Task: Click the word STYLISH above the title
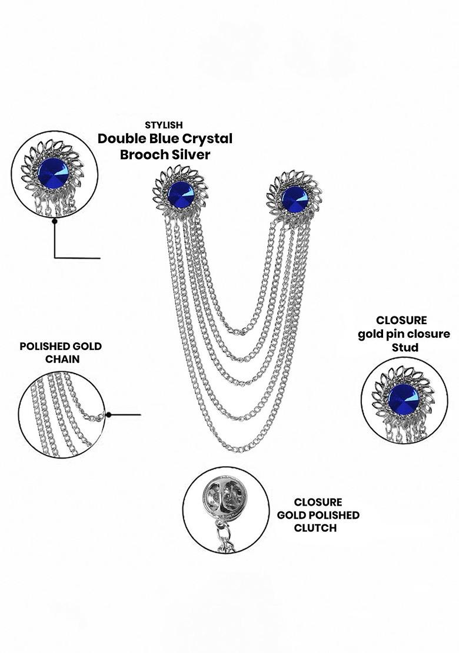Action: tap(164, 125)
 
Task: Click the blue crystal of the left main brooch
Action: tap(181, 194)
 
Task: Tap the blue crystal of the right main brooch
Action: tap(295, 199)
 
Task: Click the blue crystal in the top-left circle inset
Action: tap(53, 173)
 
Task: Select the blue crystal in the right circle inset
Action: tap(404, 398)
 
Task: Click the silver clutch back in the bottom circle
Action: tap(221, 494)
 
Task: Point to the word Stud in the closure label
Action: tap(405, 347)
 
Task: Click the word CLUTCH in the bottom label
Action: tap(315, 528)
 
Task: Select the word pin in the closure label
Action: tap(394, 334)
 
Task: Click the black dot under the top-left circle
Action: tap(55, 222)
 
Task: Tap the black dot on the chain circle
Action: tap(108, 415)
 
